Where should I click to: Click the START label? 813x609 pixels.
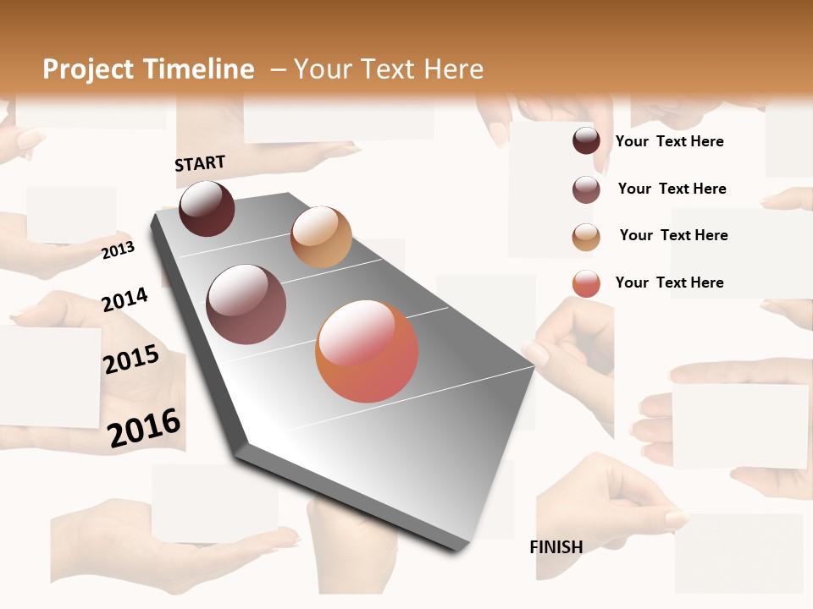click(x=200, y=163)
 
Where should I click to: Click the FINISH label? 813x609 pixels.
click(x=556, y=547)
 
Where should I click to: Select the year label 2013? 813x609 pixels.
click(x=118, y=250)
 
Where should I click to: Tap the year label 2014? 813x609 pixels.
click(x=124, y=299)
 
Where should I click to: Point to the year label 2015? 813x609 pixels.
click(x=131, y=359)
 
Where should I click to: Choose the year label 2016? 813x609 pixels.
click(x=144, y=427)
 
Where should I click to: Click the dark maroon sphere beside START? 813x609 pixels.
click(x=207, y=208)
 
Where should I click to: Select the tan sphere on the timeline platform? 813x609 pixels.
click(x=321, y=237)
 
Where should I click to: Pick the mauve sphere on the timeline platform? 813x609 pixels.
click(x=246, y=304)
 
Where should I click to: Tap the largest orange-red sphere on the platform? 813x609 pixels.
click(x=367, y=351)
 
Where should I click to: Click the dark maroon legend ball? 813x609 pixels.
click(x=586, y=140)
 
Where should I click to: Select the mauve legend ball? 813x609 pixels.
click(x=586, y=189)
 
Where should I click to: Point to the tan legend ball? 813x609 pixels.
click(x=586, y=237)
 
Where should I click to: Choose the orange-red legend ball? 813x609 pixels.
click(x=586, y=283)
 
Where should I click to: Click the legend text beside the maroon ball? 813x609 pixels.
click(x=669, y=141)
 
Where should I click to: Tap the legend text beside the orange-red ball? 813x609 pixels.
click(x=669, y=283)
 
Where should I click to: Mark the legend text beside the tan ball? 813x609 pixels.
click(x=673, y=235)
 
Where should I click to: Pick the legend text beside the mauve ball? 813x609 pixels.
click(x=672, y=189)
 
